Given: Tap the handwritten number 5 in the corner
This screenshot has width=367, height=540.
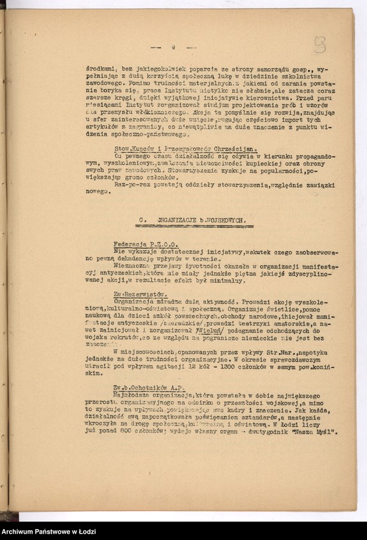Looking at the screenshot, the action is (x=320, y=44).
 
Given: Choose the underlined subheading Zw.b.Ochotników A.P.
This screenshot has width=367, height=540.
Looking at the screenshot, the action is (x=148, y=387).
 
